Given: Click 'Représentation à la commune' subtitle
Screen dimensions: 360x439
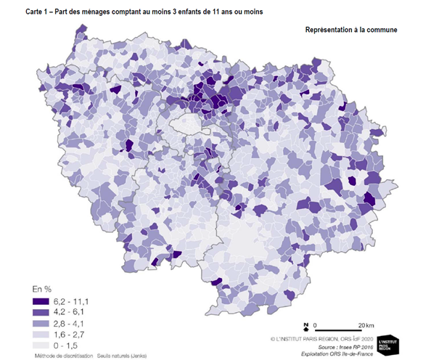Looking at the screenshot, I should pos(352,30).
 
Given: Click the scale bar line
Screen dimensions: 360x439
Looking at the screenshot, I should pos(340,330).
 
